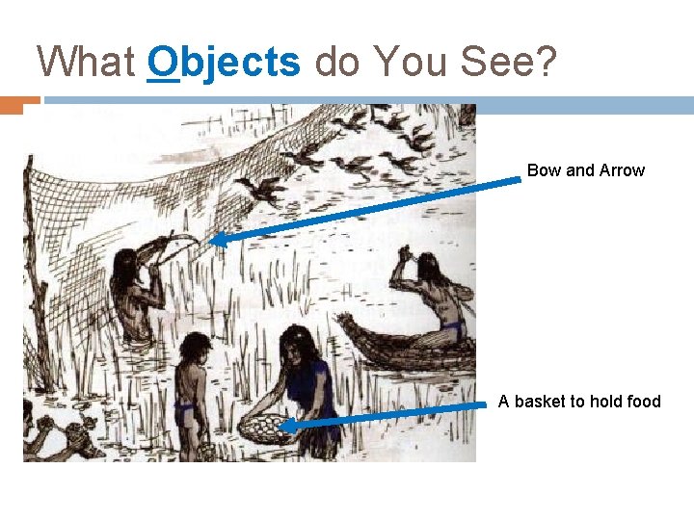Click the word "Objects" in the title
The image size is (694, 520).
click(224, 63)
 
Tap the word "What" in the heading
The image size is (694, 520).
click(85, 63)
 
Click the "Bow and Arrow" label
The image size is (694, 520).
click(585, 170)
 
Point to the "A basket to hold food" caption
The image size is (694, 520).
click(579, 401)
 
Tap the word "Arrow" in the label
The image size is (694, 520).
click(622, 170)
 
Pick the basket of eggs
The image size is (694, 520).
click(264, 428)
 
